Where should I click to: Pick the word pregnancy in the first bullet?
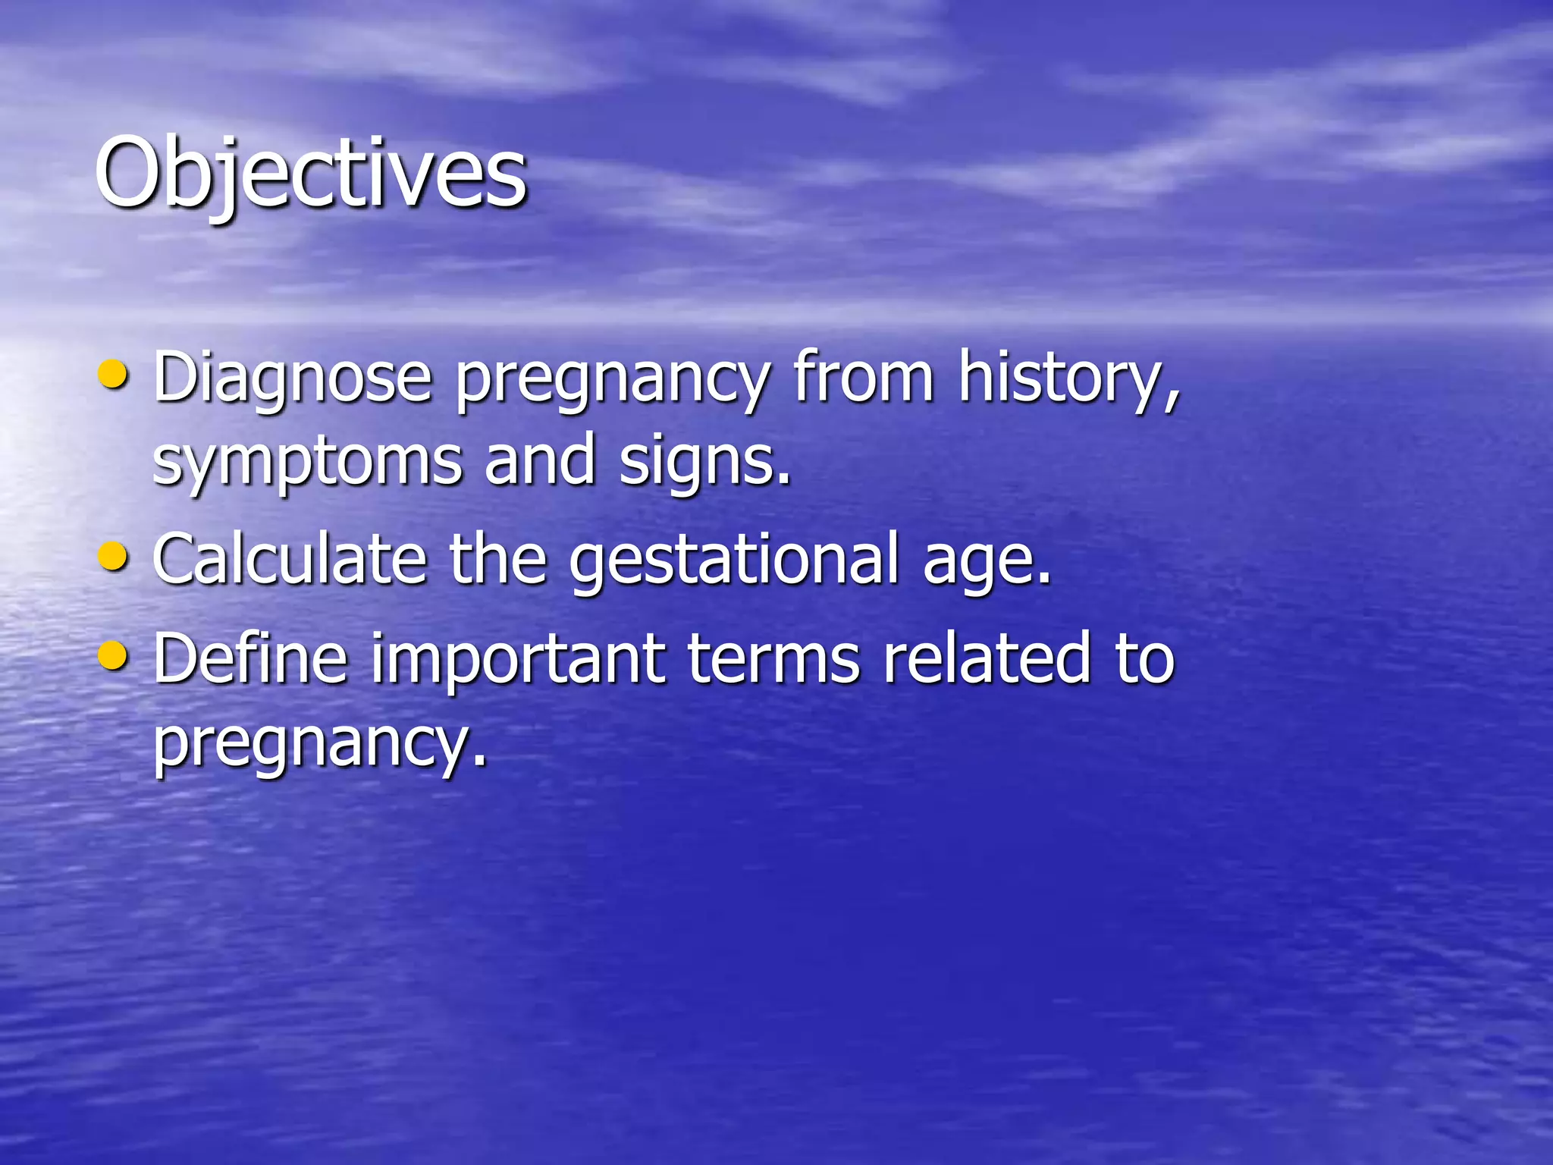(613, 379)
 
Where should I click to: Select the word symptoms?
(307, 463)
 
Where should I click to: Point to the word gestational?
(734, 561)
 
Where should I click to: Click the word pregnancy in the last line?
(318, 743)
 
